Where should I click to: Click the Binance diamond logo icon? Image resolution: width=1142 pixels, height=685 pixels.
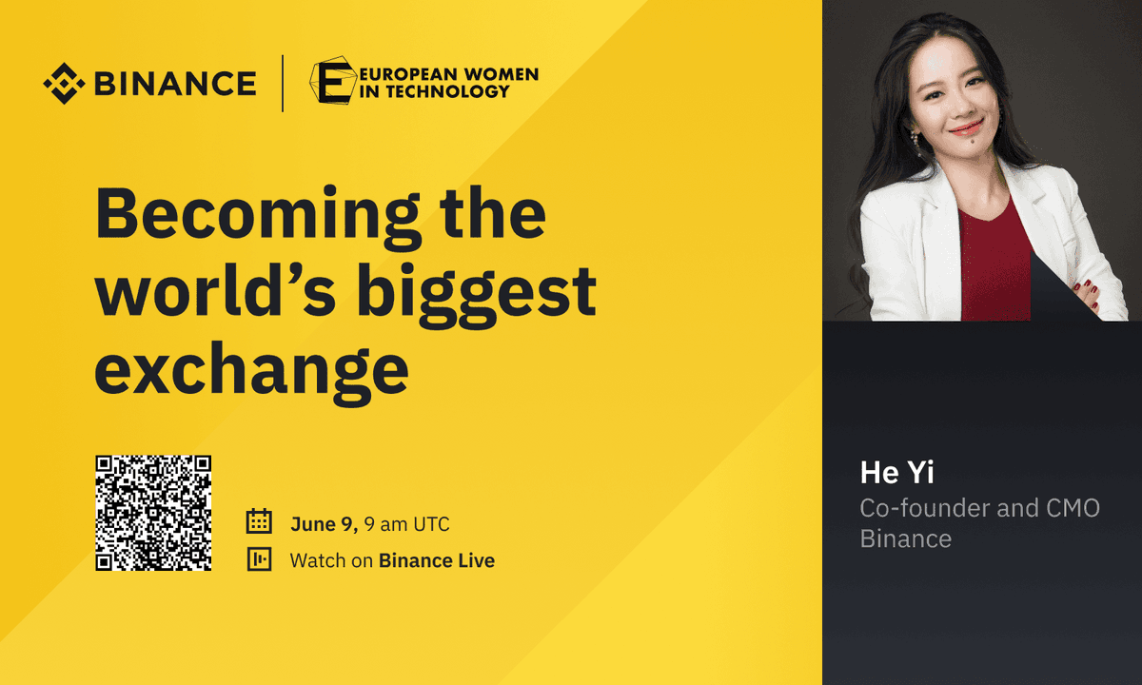[x=64, y=83]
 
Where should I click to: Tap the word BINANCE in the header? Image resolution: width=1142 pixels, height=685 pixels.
[x=175, y=84]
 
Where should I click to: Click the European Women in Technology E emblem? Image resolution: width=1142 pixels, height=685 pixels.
[x=332, y=83]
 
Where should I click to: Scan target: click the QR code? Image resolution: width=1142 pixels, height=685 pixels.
[x=153, y=514]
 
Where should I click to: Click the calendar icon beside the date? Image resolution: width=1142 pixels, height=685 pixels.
[x=259, y=523]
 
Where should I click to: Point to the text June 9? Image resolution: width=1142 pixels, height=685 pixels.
[x=324, y=524]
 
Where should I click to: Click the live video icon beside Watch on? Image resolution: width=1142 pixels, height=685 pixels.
[x=259, y=560]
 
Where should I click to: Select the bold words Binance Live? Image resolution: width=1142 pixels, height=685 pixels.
[x=437, y=560]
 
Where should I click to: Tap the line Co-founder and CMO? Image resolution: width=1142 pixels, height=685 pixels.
[x=979, y=508]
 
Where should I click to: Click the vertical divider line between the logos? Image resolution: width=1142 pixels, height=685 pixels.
[x=283, y=84]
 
